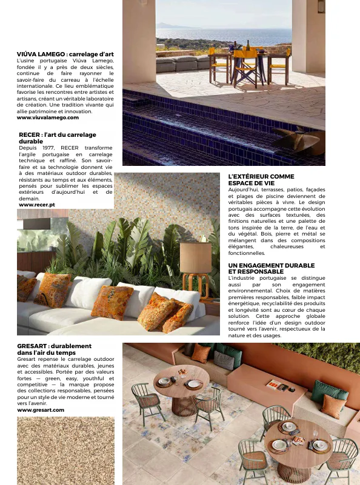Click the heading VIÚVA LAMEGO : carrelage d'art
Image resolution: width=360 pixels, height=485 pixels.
(x=65, y=54)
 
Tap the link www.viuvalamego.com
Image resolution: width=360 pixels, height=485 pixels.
(x=48, y=117)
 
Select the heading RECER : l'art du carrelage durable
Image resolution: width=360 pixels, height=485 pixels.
(x=58, y=137)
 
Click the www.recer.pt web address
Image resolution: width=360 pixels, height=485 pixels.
(x=37, y=205)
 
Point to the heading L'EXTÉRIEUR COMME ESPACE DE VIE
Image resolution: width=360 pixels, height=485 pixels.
(x=261, y=179)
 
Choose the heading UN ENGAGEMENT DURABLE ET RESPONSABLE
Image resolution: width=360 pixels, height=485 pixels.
(x=271, y=268)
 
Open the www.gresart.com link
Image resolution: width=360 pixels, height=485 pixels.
(x=41, y=410)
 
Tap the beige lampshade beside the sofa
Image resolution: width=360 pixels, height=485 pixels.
(x=196, y=257)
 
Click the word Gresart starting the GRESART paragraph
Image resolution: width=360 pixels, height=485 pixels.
(x=27, y=359)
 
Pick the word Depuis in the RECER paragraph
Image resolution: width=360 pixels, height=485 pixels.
(x=28, y=148)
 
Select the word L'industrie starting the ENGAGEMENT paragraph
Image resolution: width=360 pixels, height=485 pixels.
(x=243, y=278)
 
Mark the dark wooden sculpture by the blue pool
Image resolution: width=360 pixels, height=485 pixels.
(x=300, y=140)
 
